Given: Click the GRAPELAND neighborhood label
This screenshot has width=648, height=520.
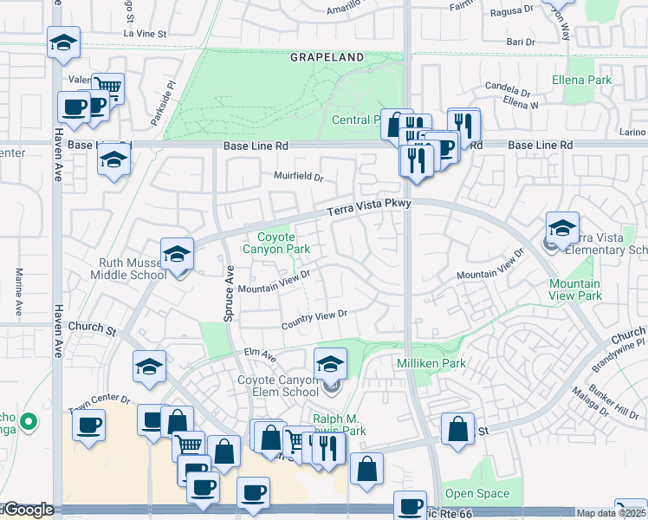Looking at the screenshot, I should (327, 57).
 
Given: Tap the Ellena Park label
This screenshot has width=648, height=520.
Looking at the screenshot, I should (581, 81).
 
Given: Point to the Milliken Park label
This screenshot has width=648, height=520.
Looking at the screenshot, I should (431, 363).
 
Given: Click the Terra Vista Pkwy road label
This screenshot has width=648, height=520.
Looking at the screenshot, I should (367, 208).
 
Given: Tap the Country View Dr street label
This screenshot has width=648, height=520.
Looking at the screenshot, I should (314, 320).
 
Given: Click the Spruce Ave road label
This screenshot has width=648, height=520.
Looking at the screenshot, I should (230, 295).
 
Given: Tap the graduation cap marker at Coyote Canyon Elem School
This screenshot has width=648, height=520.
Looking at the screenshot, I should (330, 365).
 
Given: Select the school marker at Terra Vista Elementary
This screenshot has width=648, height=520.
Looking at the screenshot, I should (562, 229).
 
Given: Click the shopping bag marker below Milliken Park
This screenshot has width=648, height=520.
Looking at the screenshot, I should (457, 430).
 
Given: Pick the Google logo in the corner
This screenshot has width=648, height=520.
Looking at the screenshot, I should (28, 510).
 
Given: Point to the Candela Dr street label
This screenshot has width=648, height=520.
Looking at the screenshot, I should (507, 88).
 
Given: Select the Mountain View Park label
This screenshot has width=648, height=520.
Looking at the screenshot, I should (574, 289).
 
